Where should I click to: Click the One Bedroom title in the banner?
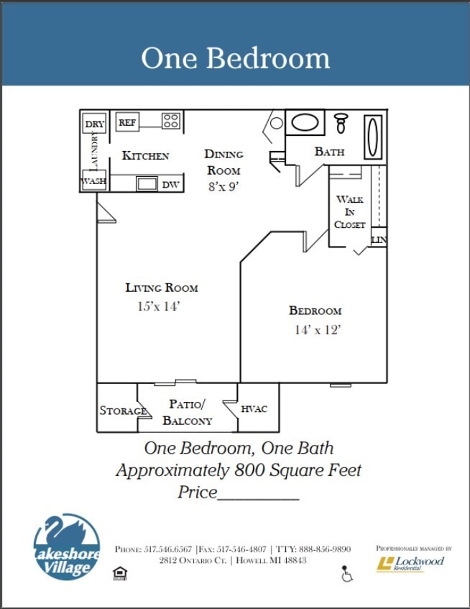click(x=235, y=58)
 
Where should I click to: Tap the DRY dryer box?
click(x=94, y=124)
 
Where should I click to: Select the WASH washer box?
click(x=94, y=181)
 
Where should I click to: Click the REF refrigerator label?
click(x=127, y=123)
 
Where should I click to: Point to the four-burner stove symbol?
click(x=170, y=121)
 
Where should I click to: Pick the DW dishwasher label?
click(x=170, y=185)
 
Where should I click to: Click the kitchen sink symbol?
click(x=147, y=183)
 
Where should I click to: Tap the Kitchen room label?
click(x=145, y=155)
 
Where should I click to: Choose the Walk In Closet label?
click(x=350, y=211)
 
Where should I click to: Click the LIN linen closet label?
click(x=379, y=239)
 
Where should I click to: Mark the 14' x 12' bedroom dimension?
click(x=316, y=330)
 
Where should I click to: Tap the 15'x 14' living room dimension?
click(x=158, y=306)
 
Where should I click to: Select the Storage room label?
click(x=123, y=411)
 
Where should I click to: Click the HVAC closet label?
click(x=254, y=408)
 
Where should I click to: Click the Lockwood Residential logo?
click(x=411, y=563)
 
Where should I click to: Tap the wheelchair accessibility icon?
click(x=346, y=574)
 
